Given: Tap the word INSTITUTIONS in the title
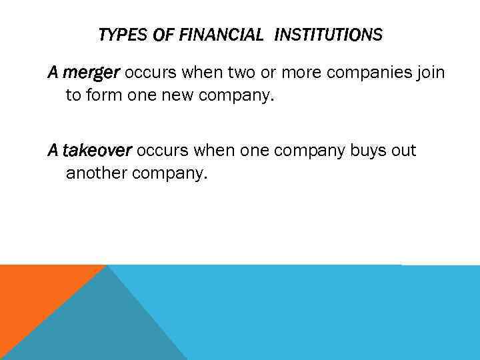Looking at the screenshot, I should pos(329,35).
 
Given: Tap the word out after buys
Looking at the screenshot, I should pos(403,151).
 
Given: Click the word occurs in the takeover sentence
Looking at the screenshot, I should pos(162,151).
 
